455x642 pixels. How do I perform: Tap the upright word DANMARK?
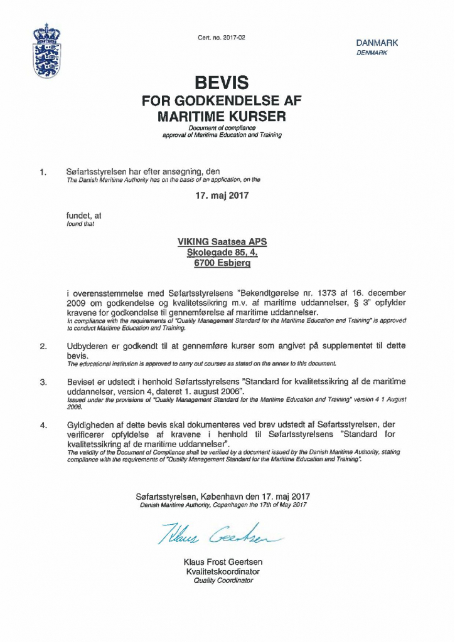pyautogui.click(x=377, y=43)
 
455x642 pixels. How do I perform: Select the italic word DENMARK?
pyautogui.click(x=372, y=53)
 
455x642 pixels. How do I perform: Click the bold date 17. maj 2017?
pyautogui.click(x=222, y=195)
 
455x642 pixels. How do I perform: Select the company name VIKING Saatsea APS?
pyautogui.click(x=222, y=241)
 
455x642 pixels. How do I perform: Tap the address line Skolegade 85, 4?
pyautogui.click(x=222, y=253)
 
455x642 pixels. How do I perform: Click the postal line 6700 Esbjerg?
pyautogui.click(x=222, y=264)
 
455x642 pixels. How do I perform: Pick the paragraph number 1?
pyautogui.click(x=43, y=171)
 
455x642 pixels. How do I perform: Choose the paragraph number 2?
pyautogui.click(x=43, y=346)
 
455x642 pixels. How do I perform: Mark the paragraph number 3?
pyautogui.click(x=43, y=382)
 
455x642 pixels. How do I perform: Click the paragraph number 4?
pyautogui.click(x=43, y=426)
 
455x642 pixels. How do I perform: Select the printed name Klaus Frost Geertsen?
pyautogui.click(x=223, y=562)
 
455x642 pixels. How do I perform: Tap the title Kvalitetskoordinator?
pyautogui.click(x=223, y=572)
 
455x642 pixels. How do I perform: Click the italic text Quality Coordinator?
pyautogui.click(x=223, y=581)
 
